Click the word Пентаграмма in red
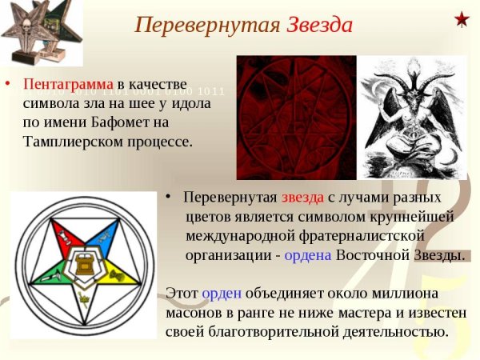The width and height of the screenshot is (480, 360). [69, 84]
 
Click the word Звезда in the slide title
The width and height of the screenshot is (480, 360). [319, 25]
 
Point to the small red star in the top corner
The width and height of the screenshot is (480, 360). [462, 18]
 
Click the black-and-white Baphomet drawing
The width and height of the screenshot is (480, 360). [410, 118]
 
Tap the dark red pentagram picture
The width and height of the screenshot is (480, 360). [297, 118]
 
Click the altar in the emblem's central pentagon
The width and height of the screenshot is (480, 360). [82, 262]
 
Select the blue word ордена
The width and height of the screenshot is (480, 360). [309, 255]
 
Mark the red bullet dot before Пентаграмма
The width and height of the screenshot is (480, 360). [7, 83]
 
